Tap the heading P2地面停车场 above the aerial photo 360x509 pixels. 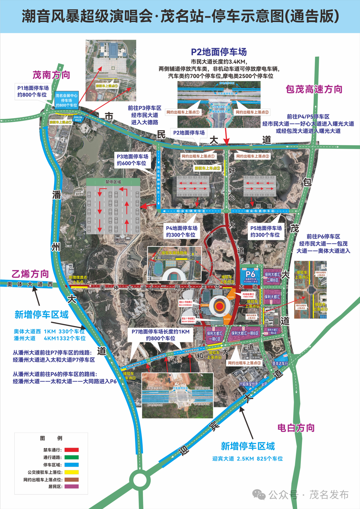(x=219, y=52)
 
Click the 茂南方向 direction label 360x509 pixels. (x=51, y=75)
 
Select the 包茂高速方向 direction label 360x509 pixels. (x=314, y=89)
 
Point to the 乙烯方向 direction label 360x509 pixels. (x=30, y=274)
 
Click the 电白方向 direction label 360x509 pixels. (x=296, y=428)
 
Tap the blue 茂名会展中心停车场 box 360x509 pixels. (x=66, y=100)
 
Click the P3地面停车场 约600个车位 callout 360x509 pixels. (x=132, y=160)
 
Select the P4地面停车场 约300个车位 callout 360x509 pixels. (x=182, y=231)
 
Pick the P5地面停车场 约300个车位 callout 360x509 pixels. (x=266, y=231)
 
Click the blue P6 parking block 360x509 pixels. (x=251, y=276)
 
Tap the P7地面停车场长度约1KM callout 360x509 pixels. (x=160, y=335)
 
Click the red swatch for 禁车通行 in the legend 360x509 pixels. (x=72, y=450)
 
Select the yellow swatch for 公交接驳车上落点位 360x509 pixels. (x=72, y=472)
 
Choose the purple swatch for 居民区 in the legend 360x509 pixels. (x=72, y=487)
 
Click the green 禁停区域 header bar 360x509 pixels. (x=113, y=182)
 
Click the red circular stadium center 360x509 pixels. (x=219, y=306)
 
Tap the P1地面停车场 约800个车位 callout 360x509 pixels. (x=33, y=91)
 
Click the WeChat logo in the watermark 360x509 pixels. (x=259, y=495)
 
